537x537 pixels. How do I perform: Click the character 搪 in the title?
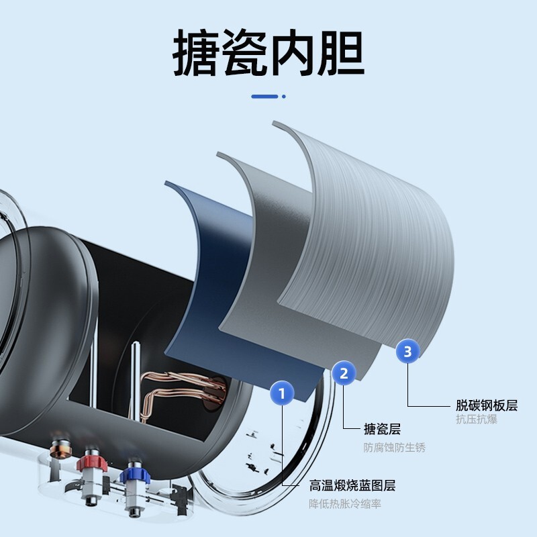197,52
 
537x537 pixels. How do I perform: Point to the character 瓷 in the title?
244,52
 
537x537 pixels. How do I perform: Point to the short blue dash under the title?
264,97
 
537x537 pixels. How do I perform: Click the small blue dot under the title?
283,97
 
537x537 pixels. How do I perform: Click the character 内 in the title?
293,52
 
